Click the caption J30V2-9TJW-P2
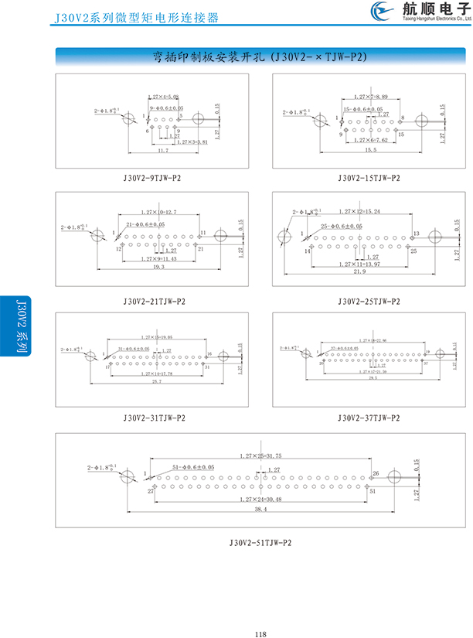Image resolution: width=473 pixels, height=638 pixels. [x=151, y=178]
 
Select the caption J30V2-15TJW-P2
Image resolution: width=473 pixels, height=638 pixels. [x=369, y=178]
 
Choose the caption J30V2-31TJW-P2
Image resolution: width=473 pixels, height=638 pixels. [x=154, y=418]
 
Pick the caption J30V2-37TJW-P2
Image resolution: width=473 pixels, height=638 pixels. [x=369, y=418]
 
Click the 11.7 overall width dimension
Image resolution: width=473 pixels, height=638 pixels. [x=163, y=150]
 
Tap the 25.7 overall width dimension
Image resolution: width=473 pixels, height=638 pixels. [x=156, y=383]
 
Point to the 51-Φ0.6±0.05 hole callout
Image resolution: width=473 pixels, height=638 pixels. [x=189, y=467]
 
